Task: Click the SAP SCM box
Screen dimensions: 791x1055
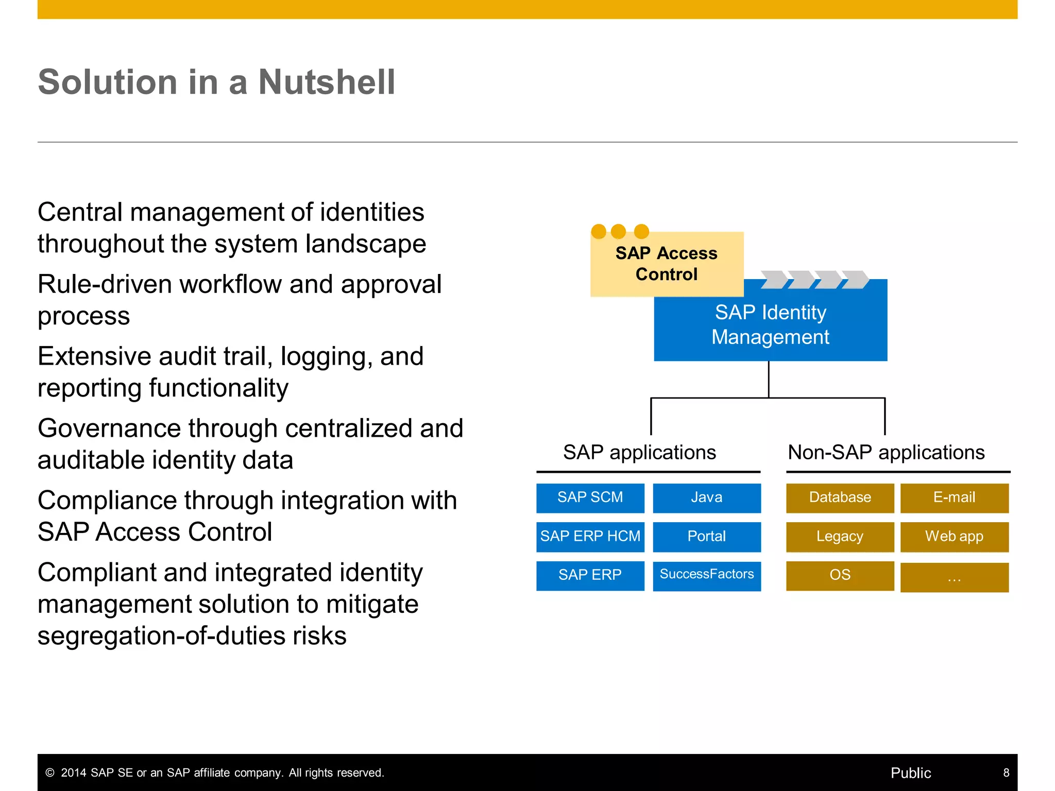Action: point(590,497)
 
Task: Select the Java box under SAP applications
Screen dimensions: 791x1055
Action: point(706,497)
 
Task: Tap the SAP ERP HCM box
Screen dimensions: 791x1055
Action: point(590,537)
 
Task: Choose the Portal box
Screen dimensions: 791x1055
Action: point(706,537)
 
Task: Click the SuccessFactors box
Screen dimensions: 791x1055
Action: point(706,575)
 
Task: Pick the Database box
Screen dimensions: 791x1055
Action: point(840,497)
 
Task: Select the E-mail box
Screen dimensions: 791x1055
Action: point(954,497)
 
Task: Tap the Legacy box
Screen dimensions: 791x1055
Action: point(840,537)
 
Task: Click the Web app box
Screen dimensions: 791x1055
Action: point(954,537)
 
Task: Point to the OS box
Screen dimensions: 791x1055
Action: point(840,575)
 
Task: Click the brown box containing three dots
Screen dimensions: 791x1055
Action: point(954,577)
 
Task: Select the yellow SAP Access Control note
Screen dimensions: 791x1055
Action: point(666,264)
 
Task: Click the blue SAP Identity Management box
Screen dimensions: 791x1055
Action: point(770,325)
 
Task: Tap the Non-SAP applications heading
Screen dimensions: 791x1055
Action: point(886,453)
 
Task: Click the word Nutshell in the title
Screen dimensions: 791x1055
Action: point(327,82)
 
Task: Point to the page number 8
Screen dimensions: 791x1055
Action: point(1006,772)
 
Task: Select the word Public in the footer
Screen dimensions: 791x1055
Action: point(911,773)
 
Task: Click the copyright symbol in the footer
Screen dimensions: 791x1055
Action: point(50,773)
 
